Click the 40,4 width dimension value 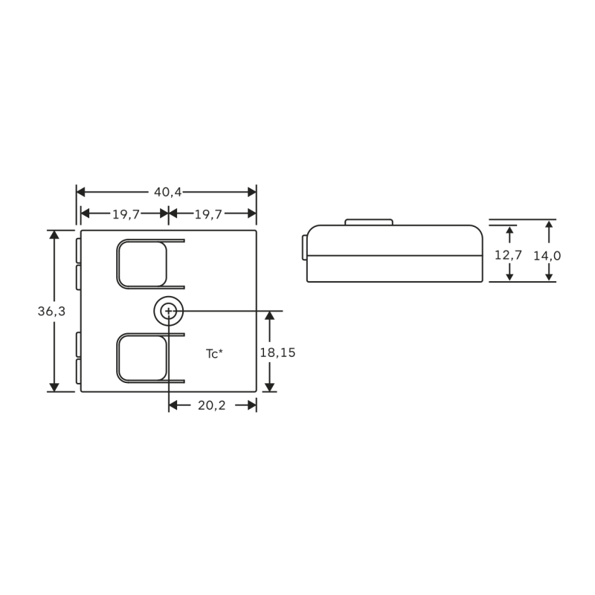[168, 193]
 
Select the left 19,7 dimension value [126, 215]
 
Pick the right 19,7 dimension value [208, 215]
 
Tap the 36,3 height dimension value [51, 312]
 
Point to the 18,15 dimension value [277, 353]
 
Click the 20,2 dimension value [212, 405]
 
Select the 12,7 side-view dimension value [508, 255]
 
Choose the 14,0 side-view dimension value [547, 256]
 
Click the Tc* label [214, 354]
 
